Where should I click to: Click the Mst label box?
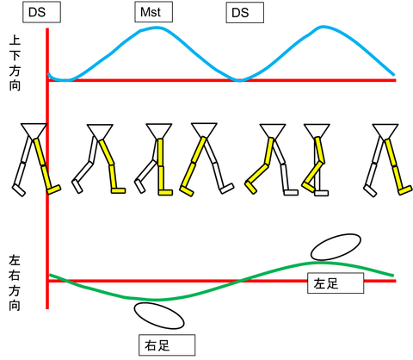(154, 12)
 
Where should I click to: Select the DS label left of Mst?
(41, 12)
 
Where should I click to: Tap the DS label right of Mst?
(245, 12)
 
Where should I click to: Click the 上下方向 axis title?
(15, 63)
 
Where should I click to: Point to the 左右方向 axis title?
(15, 283)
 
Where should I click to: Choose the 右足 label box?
(167, 345)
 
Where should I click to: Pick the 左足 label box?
(336, 283)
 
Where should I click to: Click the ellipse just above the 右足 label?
(159, 315)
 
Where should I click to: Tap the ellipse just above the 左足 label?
(336, 247)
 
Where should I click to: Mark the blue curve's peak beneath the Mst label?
(157, 28)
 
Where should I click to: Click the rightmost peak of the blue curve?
(323, 27)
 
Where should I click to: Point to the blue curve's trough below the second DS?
(239, 81)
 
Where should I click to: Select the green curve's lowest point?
(157, 300)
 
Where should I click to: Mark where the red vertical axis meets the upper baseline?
(47, 80)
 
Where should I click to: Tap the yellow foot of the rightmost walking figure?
(405, 190)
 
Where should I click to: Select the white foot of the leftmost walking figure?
(19, 190)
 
